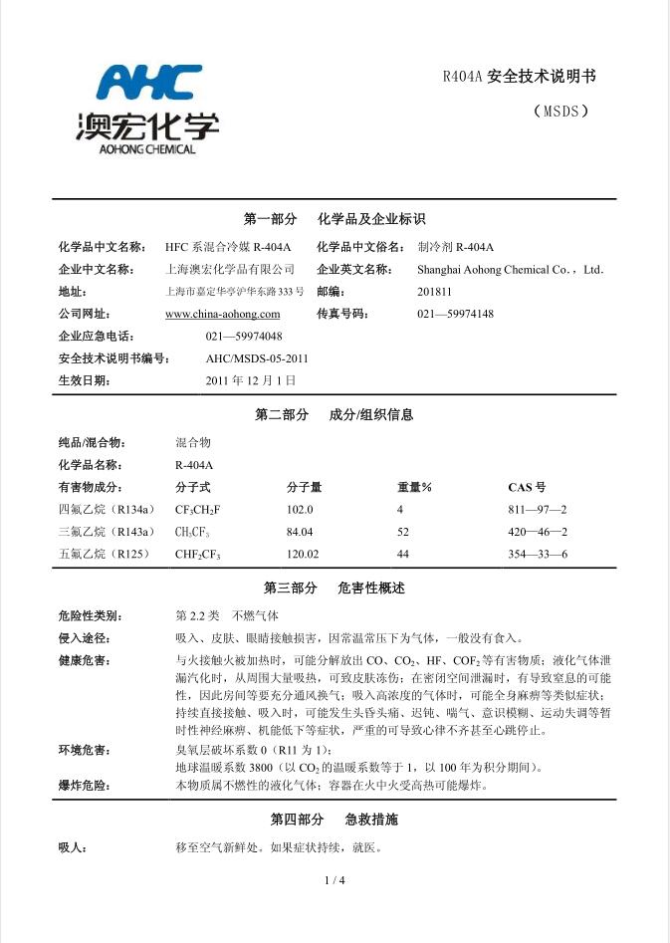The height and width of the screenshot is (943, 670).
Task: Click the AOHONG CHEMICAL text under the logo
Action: point(147,150)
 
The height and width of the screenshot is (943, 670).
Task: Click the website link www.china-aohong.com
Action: point(222,314)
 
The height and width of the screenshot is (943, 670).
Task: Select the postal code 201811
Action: point(434,292)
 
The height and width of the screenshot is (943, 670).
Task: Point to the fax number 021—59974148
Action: point(455,314)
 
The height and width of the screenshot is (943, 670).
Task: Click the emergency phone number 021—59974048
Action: point(244,337)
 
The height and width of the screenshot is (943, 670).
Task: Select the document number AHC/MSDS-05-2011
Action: point(257,358)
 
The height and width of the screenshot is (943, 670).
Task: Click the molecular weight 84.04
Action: point(300,532)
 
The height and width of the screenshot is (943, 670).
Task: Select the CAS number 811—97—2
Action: point(537,510)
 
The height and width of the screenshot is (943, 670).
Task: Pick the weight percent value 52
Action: point(403,532)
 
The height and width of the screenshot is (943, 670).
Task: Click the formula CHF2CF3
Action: point(198,555)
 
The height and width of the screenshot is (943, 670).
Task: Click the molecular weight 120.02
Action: point(303,555)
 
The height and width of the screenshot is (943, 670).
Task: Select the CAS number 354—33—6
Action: point(537,555)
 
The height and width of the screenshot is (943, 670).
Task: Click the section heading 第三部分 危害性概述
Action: point(334,588)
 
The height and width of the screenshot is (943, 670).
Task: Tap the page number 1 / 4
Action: point(335,880)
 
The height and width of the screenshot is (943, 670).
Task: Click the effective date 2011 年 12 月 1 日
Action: point(250,380)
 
